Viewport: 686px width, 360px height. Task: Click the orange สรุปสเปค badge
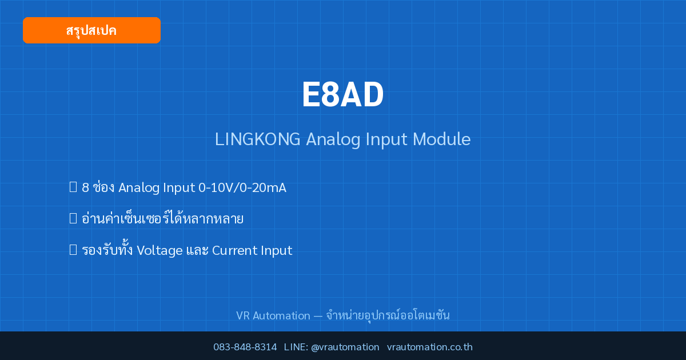tap(91, 30)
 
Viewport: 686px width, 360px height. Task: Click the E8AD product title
tap(342, 95)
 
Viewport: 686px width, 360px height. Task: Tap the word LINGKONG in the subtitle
tap(258, 139)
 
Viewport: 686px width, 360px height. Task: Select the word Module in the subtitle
tap(441, 139)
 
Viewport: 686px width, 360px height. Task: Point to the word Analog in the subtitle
tap(333, 140)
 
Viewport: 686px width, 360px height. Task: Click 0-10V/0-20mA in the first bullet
tap(242, 187)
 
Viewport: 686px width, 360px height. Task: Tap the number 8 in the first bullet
tap(85, 187)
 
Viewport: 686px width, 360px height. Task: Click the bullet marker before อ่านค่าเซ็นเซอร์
tap(73, 218)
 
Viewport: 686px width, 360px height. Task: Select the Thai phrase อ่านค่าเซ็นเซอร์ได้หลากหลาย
tap(162, 218)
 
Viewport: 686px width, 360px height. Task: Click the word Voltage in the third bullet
tap(159, 250)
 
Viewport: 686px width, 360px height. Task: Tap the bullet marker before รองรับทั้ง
tap(73, 250)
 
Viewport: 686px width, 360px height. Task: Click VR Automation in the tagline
tap(273, 315)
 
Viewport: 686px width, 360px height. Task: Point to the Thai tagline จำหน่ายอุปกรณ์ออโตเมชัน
tap(388, 315)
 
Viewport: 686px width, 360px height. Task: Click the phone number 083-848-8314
tap(245, 347)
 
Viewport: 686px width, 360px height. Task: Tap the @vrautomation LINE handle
tap(345, 347)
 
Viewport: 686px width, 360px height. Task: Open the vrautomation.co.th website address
tap(430, 347)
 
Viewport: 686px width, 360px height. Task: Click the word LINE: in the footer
tap(296, 347)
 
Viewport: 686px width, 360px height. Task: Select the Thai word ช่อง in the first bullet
tap(103, 187)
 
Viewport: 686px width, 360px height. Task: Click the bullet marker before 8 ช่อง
tap(73, 187)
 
